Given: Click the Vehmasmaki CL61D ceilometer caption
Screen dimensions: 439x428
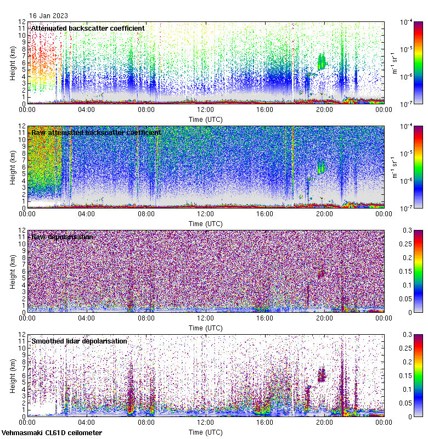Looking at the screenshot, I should coord(51,433).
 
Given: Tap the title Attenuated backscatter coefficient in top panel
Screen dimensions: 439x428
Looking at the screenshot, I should coord(88,28).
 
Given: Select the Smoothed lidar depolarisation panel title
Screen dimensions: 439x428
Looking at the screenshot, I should coord(79,341).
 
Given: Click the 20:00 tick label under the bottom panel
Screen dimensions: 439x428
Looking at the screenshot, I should coord(324,423).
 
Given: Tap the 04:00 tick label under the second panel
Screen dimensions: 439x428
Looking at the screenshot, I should coord(86,214).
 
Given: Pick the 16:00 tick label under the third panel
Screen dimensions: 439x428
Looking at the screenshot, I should coord(264,318).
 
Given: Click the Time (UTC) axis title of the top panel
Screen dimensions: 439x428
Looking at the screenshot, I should coord(205,119).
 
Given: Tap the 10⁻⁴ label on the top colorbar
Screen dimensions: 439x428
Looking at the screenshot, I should coord(407,22).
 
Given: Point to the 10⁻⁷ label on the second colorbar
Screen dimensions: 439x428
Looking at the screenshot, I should coord(407,208).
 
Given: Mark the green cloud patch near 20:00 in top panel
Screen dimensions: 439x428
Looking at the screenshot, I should coord(322,60).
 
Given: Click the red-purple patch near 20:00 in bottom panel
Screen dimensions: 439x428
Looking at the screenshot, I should coord(322,375).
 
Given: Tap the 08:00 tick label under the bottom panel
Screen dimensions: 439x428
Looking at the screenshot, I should coord(145,423).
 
